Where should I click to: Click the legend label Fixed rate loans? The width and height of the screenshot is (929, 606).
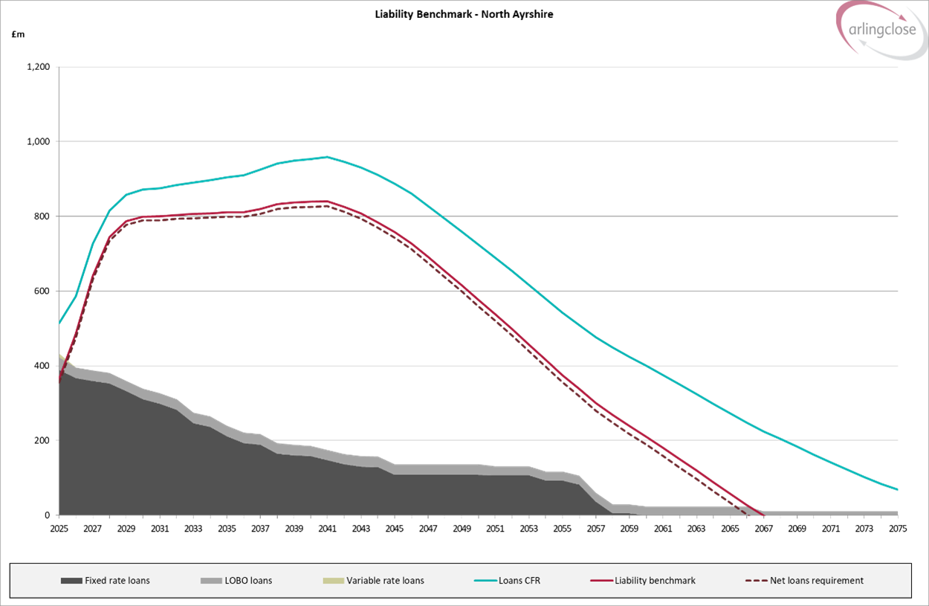(117, 581)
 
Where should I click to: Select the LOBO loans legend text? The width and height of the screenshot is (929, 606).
(248, 581)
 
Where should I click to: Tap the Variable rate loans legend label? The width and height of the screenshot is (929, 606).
(385, 581)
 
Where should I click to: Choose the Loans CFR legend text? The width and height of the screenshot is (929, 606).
(519, 581)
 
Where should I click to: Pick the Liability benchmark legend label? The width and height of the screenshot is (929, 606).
(655, 581)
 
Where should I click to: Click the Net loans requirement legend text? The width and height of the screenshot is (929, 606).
(816, 581)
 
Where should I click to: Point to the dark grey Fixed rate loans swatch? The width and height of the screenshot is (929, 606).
(71, 581)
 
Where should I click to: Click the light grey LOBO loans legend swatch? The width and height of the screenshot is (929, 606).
(211, 581)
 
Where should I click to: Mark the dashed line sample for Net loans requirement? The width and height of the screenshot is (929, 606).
(755, 581)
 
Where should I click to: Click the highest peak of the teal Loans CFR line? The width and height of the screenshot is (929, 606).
(327, 157)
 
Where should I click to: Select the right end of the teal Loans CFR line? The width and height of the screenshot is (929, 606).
(898, 490)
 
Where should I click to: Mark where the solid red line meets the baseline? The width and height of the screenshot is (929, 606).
(763, 515)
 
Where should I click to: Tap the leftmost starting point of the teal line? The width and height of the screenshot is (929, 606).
(58, 324)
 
